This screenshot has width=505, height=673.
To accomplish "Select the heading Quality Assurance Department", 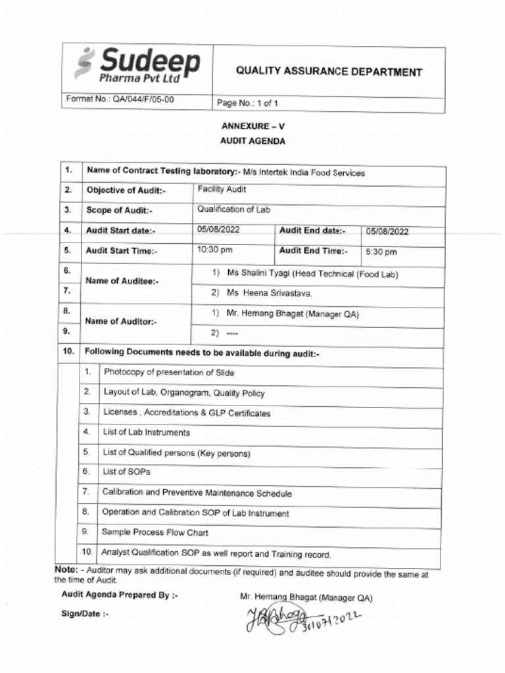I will click(x=329, y=72).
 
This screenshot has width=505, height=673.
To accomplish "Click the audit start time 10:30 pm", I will click(x=214, y=250).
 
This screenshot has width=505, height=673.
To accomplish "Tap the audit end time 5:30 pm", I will click(x=381, y=252).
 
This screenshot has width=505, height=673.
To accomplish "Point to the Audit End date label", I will click(x=312, y=230).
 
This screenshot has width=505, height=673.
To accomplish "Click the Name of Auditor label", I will click(x=122, y=322).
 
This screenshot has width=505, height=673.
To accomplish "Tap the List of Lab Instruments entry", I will click(x=146, y=432).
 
